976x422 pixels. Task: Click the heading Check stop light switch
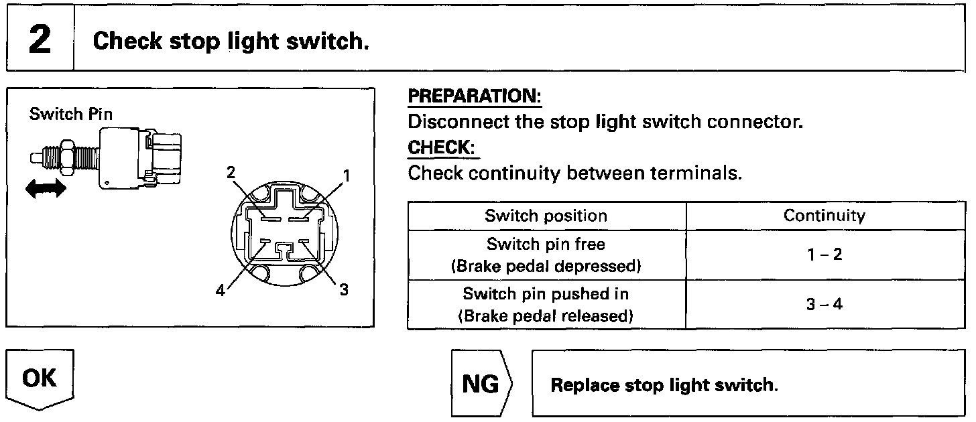coord(231,42)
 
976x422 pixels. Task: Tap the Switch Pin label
coord(70,114)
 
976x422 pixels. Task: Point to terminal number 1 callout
coord(346,176)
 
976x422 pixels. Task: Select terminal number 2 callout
coord(231,172)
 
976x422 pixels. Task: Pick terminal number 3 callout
coord(343,290)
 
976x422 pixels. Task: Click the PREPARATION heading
coord(475,96)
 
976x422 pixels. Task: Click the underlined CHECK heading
coord(443,147)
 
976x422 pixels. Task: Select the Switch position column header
coord(546,216)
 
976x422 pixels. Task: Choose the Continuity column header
coord(824,216)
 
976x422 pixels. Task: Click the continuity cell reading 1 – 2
coord(824,255)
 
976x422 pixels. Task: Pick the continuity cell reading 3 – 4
coord(824,304)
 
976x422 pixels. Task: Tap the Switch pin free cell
coord(546,255)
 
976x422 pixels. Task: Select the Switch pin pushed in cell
coord(546,304)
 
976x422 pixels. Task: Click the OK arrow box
coord(40,380)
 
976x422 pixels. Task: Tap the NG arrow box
coord(481,384)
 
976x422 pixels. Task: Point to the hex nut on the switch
coord(68,155)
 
